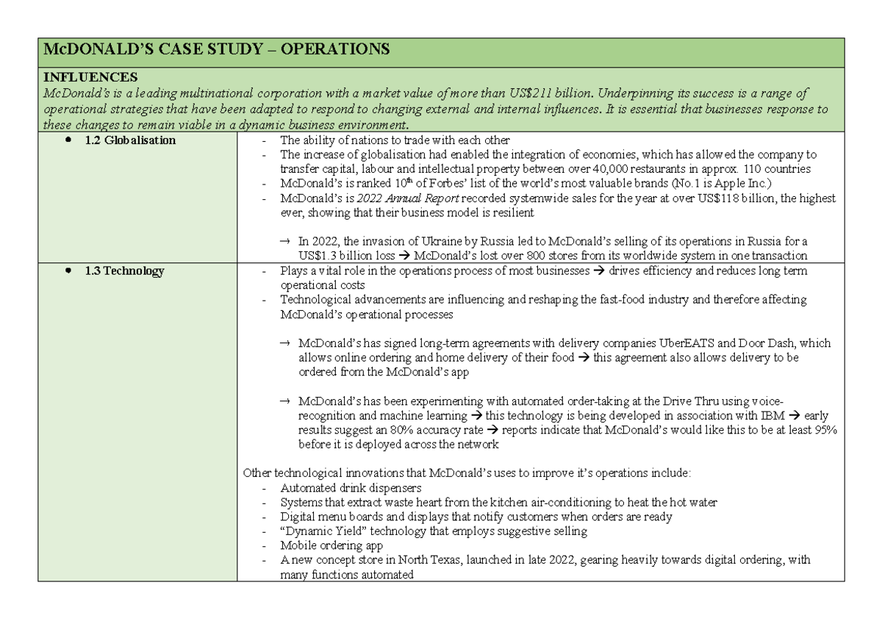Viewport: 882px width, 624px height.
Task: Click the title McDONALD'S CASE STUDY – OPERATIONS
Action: pos(217,50)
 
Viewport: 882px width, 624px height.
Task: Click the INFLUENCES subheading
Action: pos(90,77)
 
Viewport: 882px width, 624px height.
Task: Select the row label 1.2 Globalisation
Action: pos(130,140)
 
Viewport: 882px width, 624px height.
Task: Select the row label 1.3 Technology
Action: pos(124,270)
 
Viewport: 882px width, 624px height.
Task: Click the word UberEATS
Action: pos(662,343)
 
